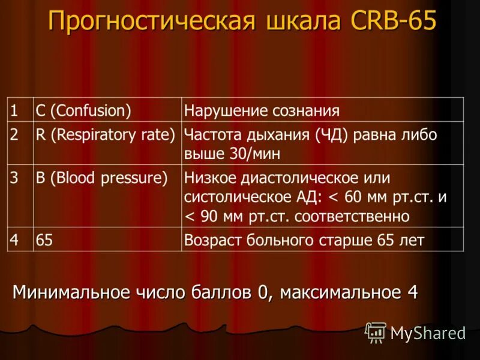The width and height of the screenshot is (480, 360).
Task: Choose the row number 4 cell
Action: click(x=14, y=240)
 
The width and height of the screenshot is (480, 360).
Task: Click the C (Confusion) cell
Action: click(x=83, y=110)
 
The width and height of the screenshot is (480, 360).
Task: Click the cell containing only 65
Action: click(x=44, y=240)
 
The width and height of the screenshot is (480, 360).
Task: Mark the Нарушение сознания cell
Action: click(x=262, y=110)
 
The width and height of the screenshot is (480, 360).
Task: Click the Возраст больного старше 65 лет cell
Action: click(x=304, y=240)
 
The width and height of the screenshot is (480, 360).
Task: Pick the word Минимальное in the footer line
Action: click(x=71, y=292)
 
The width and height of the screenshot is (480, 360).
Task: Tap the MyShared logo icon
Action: click(x=376, y=332)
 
